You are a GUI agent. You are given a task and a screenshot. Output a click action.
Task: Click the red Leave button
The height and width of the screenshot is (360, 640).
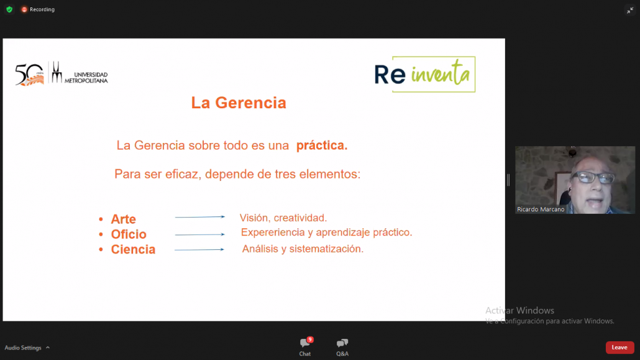pyautogui.click(x=619, y=348)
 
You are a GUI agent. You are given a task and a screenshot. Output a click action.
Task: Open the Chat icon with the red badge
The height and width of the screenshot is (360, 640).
pyautogui.click(x=305, y=343)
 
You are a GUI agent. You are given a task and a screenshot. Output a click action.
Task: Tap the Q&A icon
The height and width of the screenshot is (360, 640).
pyautogui.click(x=342, y=343)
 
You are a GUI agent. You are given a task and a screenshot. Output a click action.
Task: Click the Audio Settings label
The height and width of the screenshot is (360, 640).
pyautogui.click(x=23, y=348)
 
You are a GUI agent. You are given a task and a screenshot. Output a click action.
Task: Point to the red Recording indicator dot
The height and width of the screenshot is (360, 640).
pyautogui.click(x=24, y=9)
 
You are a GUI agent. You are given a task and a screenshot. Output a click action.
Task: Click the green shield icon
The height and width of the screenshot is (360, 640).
pyautogui.click(x=9, y=9)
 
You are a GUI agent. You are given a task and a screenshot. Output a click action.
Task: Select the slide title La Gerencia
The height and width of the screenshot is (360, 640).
pyautogui.click(x=239, y=103)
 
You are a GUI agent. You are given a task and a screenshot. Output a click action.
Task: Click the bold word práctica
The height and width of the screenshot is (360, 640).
pyautogui.click(x=322, y=145)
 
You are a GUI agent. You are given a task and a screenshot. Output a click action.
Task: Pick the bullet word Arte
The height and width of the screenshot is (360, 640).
pyautogui.click(x=123, y=219)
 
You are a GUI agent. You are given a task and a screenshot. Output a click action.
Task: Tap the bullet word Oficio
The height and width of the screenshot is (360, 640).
pyautogui.click(x=129, y=234)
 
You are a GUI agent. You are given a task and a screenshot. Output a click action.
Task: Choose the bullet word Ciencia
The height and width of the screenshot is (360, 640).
pyautogui.click(x=133, y=249)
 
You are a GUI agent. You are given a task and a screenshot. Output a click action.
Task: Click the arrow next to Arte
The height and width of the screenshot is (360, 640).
pyautogui.click(x=200, y=217)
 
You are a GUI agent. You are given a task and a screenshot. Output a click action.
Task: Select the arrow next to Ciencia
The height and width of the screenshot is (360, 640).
pyautogui.click(x=199, y=250)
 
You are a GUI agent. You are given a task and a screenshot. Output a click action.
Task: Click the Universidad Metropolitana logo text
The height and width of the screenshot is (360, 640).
pyautogui.click(x=86, y=78)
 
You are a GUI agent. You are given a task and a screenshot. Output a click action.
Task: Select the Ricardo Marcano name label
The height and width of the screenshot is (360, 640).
pyautogui.click(x=541, y=209)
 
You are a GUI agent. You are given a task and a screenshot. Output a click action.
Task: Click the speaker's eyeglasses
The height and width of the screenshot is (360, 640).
pyautogui.click(x=594, y=177)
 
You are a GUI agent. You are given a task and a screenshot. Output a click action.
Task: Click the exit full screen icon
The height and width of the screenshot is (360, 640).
pyautogui.click(x=630, y=11)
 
